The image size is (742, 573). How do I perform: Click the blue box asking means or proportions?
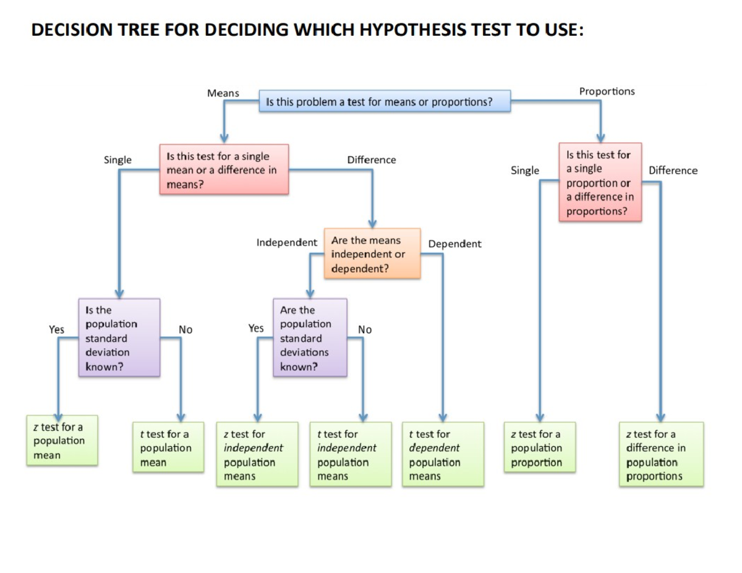click(x=385, y=101)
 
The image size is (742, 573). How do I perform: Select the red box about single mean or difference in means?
click(x=224, y=170)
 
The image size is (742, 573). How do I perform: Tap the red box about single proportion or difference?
click(x=600, y=182)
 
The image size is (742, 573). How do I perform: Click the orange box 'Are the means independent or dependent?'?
click(x=372, y=254)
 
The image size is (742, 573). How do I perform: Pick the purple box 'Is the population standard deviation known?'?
click(x=119, y=338)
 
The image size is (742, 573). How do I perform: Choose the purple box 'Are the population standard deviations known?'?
click(x=310, y=338)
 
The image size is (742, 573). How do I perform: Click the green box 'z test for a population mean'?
click(x=62, y=441)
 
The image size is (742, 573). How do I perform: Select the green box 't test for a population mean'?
click(x=168, y=448)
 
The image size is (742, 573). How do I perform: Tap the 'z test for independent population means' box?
click(x=257, y=455)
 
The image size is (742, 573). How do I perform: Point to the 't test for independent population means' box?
click(x=351, y=455)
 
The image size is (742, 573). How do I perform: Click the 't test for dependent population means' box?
click(x=443, y=455)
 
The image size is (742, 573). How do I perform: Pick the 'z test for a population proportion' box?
click(x=540, y=448)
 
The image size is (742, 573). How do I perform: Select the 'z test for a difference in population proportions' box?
click(x=661, y=455)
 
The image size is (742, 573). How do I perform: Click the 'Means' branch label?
click(x=223, y=93)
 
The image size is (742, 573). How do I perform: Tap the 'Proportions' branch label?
click(x=607, y=91)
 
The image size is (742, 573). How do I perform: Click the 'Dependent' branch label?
click(x=454, y=244)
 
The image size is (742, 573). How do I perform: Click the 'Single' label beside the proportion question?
click(x=525, y=171)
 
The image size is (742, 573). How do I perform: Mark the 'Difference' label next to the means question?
click(x=372, y=160)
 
